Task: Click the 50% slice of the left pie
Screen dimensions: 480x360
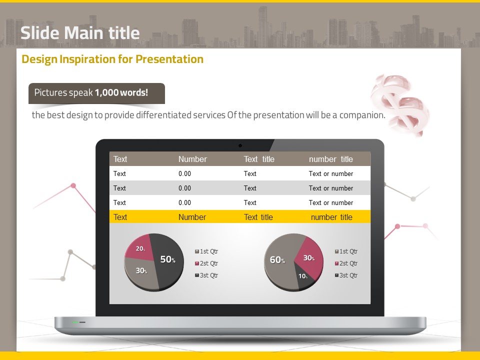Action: point(168,260)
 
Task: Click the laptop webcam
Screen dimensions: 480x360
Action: point(240,145)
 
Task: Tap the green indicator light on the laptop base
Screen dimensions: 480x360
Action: point(75,322)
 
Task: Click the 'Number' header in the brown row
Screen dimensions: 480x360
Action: point(192,159)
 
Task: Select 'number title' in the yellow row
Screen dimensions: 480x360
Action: point(331,217)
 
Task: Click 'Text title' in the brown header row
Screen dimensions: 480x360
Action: point(259,159)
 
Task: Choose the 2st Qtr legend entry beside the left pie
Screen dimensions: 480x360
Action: point(206,263)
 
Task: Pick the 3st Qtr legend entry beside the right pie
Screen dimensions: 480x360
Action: point(346,275)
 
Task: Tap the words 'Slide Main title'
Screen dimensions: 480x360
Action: point(80,33)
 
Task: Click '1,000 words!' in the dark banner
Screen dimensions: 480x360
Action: point(121,92)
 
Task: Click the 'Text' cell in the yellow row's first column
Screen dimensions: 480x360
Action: point(120,217)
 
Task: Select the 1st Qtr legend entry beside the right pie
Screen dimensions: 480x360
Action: point(346,251)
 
